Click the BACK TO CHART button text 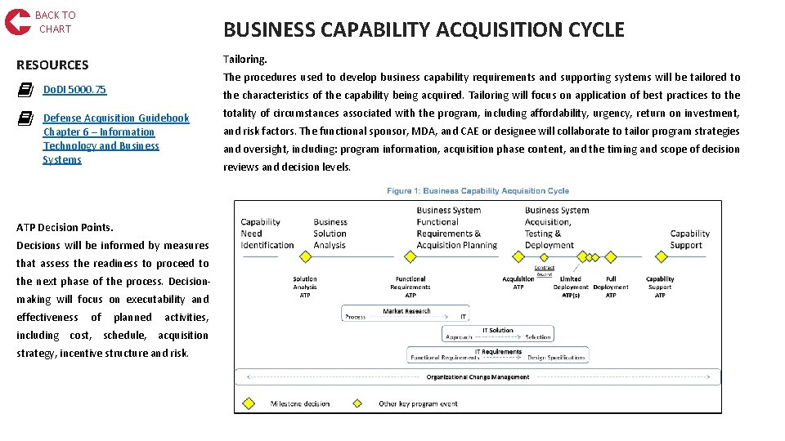coord(55,22)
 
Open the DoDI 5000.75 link coord(74,90)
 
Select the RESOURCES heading coord(52,65)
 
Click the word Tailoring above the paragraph coord(245,60)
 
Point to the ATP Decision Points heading coord(65,227)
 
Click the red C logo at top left coord(17,21)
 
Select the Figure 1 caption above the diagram coord(478,191)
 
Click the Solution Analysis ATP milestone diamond coord(306,256)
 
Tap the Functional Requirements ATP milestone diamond coord(410,256)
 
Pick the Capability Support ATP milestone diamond coord(660,256)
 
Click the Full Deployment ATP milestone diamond coord(610,256)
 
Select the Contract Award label coord(544,270)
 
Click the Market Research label coord(406,311)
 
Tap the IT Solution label coord(498,331)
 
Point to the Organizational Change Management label coord(478,377)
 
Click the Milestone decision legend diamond coord(250,403)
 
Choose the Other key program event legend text coord(418,403)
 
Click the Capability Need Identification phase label coord(267,234)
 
